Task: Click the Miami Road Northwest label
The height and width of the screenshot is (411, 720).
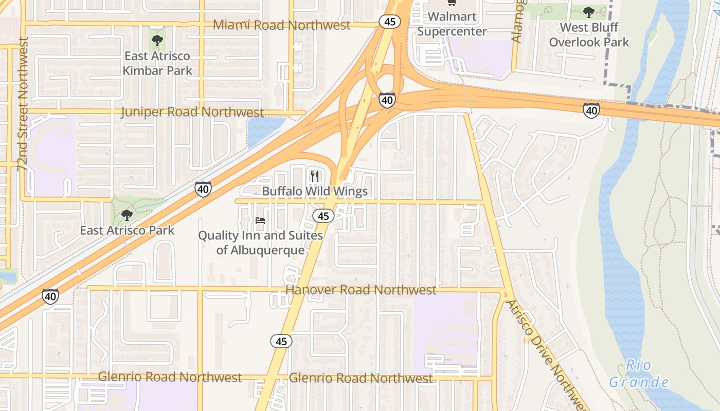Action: [x=281, y=25]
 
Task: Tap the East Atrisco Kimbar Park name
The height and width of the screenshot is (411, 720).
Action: [x=157, y=63]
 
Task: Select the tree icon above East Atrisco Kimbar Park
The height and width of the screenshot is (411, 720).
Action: [x=157, y=40]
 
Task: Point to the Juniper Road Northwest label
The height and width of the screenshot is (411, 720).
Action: [x=192, y=112]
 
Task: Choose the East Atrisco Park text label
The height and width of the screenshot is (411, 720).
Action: [x=127, y=230]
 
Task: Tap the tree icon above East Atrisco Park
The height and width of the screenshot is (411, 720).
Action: [x=127, y=215]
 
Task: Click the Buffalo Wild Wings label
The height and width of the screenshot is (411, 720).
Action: [x=315, y=192]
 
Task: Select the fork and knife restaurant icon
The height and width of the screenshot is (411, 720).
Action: [x=315, y=176]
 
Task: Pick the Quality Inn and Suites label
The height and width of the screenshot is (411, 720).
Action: [x=261, y=242]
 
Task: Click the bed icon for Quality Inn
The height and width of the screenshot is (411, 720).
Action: [x=260, y=220]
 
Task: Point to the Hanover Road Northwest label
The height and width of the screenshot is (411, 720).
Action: [x=361, y=290]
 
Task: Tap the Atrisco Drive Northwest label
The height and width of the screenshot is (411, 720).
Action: [x=546, y=354]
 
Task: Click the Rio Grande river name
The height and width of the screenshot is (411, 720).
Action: [x=639, y=373]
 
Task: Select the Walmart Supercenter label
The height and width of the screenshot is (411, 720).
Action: [x=452, y=24]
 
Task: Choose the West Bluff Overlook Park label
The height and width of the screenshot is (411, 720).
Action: [x=589, y=34]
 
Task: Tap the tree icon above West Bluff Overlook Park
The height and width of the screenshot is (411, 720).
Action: [x=589, y=11]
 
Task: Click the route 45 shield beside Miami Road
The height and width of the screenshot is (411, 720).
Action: [x=390, y=22]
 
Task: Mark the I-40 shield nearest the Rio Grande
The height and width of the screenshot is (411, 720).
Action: [x=591, y=109]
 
